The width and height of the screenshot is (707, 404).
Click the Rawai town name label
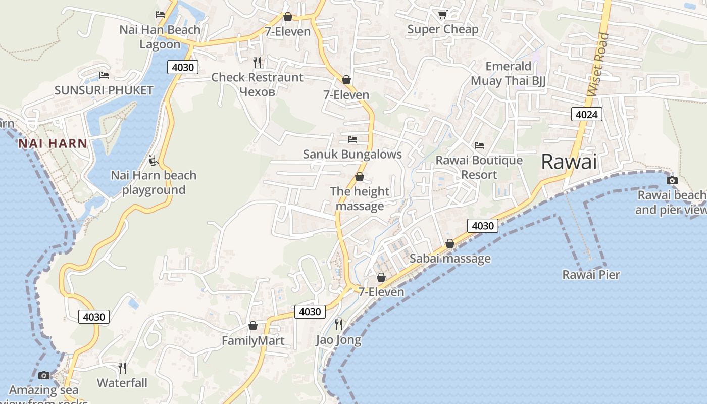[569, 162]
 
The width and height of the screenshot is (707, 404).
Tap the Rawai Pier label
[591, 275]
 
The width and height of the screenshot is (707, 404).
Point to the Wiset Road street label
[599, 65]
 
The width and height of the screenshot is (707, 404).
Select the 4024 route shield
[587, 114]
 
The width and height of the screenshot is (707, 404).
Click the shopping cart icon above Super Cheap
[442, 15]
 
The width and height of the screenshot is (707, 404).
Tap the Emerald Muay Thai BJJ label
[508, 74]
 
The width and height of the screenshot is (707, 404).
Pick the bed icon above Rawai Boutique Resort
[479, 145]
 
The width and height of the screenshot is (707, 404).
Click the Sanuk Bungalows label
[352, 154]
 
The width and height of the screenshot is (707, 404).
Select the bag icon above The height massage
[360, 177]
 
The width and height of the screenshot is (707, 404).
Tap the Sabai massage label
[450, 259]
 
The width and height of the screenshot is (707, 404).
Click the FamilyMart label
[253, 341]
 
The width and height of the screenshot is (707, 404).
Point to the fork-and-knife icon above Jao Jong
[339, 324]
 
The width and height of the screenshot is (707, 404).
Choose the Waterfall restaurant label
[122, 383]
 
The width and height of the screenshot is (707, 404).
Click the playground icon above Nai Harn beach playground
[154, 161]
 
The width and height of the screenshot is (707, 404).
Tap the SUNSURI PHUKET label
[104, 90]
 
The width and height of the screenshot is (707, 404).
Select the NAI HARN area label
[53, 143]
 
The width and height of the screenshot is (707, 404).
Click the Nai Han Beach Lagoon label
[160, 37]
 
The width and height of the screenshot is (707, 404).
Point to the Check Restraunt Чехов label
[257, 84]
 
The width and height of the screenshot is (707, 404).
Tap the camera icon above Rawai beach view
[672, 180]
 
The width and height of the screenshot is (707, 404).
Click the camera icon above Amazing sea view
[44, 375]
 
